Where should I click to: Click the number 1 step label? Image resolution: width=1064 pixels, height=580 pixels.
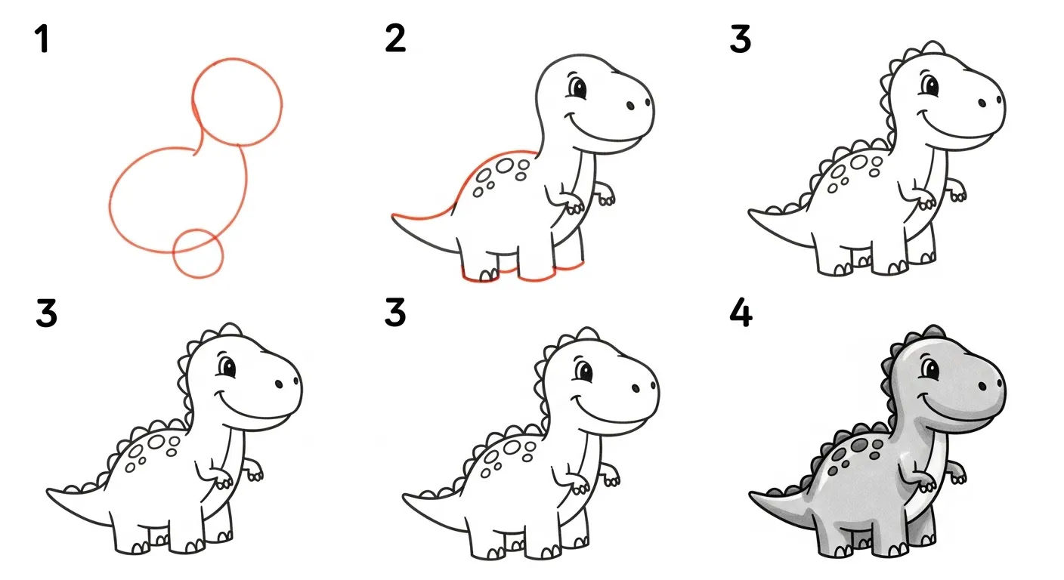[x=42, y=39]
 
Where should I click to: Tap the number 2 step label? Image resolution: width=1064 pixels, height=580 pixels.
[x=394, y=39]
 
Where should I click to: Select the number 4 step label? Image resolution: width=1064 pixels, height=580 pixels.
[x=741, y=314]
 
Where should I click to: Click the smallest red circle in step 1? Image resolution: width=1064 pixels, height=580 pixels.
[x=198, y=252]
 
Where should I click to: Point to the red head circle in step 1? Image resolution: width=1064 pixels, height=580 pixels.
[x=237, y=100]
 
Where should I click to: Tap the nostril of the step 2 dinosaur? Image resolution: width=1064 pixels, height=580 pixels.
[x=629, y=105]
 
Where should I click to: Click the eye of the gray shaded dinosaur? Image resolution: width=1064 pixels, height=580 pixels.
[x=929, y=371]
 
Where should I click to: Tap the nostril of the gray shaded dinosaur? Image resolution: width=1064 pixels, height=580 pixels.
[x=981, y=385]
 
